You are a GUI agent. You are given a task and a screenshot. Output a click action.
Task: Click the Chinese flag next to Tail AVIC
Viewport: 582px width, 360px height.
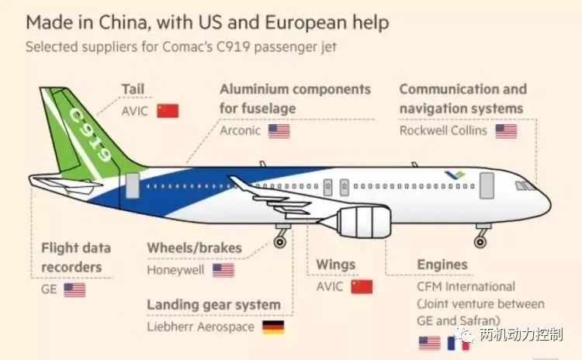(x=167, y=110)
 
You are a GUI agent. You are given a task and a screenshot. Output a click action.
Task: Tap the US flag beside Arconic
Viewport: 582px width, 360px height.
(x=279, y=131)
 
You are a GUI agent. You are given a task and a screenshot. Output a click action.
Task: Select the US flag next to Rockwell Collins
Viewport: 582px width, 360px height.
(x=506, y=131)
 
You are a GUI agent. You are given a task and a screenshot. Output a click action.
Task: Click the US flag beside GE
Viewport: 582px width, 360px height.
(x=74, y=289)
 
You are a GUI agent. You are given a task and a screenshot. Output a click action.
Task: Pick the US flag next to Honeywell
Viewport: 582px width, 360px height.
(x=223, y=270)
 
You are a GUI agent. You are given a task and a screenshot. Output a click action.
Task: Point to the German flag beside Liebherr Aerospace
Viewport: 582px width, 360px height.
(x=273, y=327)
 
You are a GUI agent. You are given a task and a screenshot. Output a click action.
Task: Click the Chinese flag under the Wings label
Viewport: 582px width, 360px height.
(x=362, y=286)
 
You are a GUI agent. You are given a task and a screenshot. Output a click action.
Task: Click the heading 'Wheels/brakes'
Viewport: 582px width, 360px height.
(x=195, y=248)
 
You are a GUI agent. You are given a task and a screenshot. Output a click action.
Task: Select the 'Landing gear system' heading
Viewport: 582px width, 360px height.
(x=213, y=305)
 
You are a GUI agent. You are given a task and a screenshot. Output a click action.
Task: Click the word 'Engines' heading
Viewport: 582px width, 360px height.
(x=442, y=265)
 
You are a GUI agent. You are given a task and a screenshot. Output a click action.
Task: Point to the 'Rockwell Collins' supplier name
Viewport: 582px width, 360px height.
(x=443, y=130)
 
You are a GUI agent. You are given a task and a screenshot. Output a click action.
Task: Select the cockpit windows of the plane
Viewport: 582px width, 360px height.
(x=527, y=185)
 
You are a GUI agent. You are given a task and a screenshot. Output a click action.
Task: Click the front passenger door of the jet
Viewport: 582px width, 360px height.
(x=487, y=184)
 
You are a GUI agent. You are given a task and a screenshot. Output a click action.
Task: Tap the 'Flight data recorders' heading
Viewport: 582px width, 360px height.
(x=76, y=258)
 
